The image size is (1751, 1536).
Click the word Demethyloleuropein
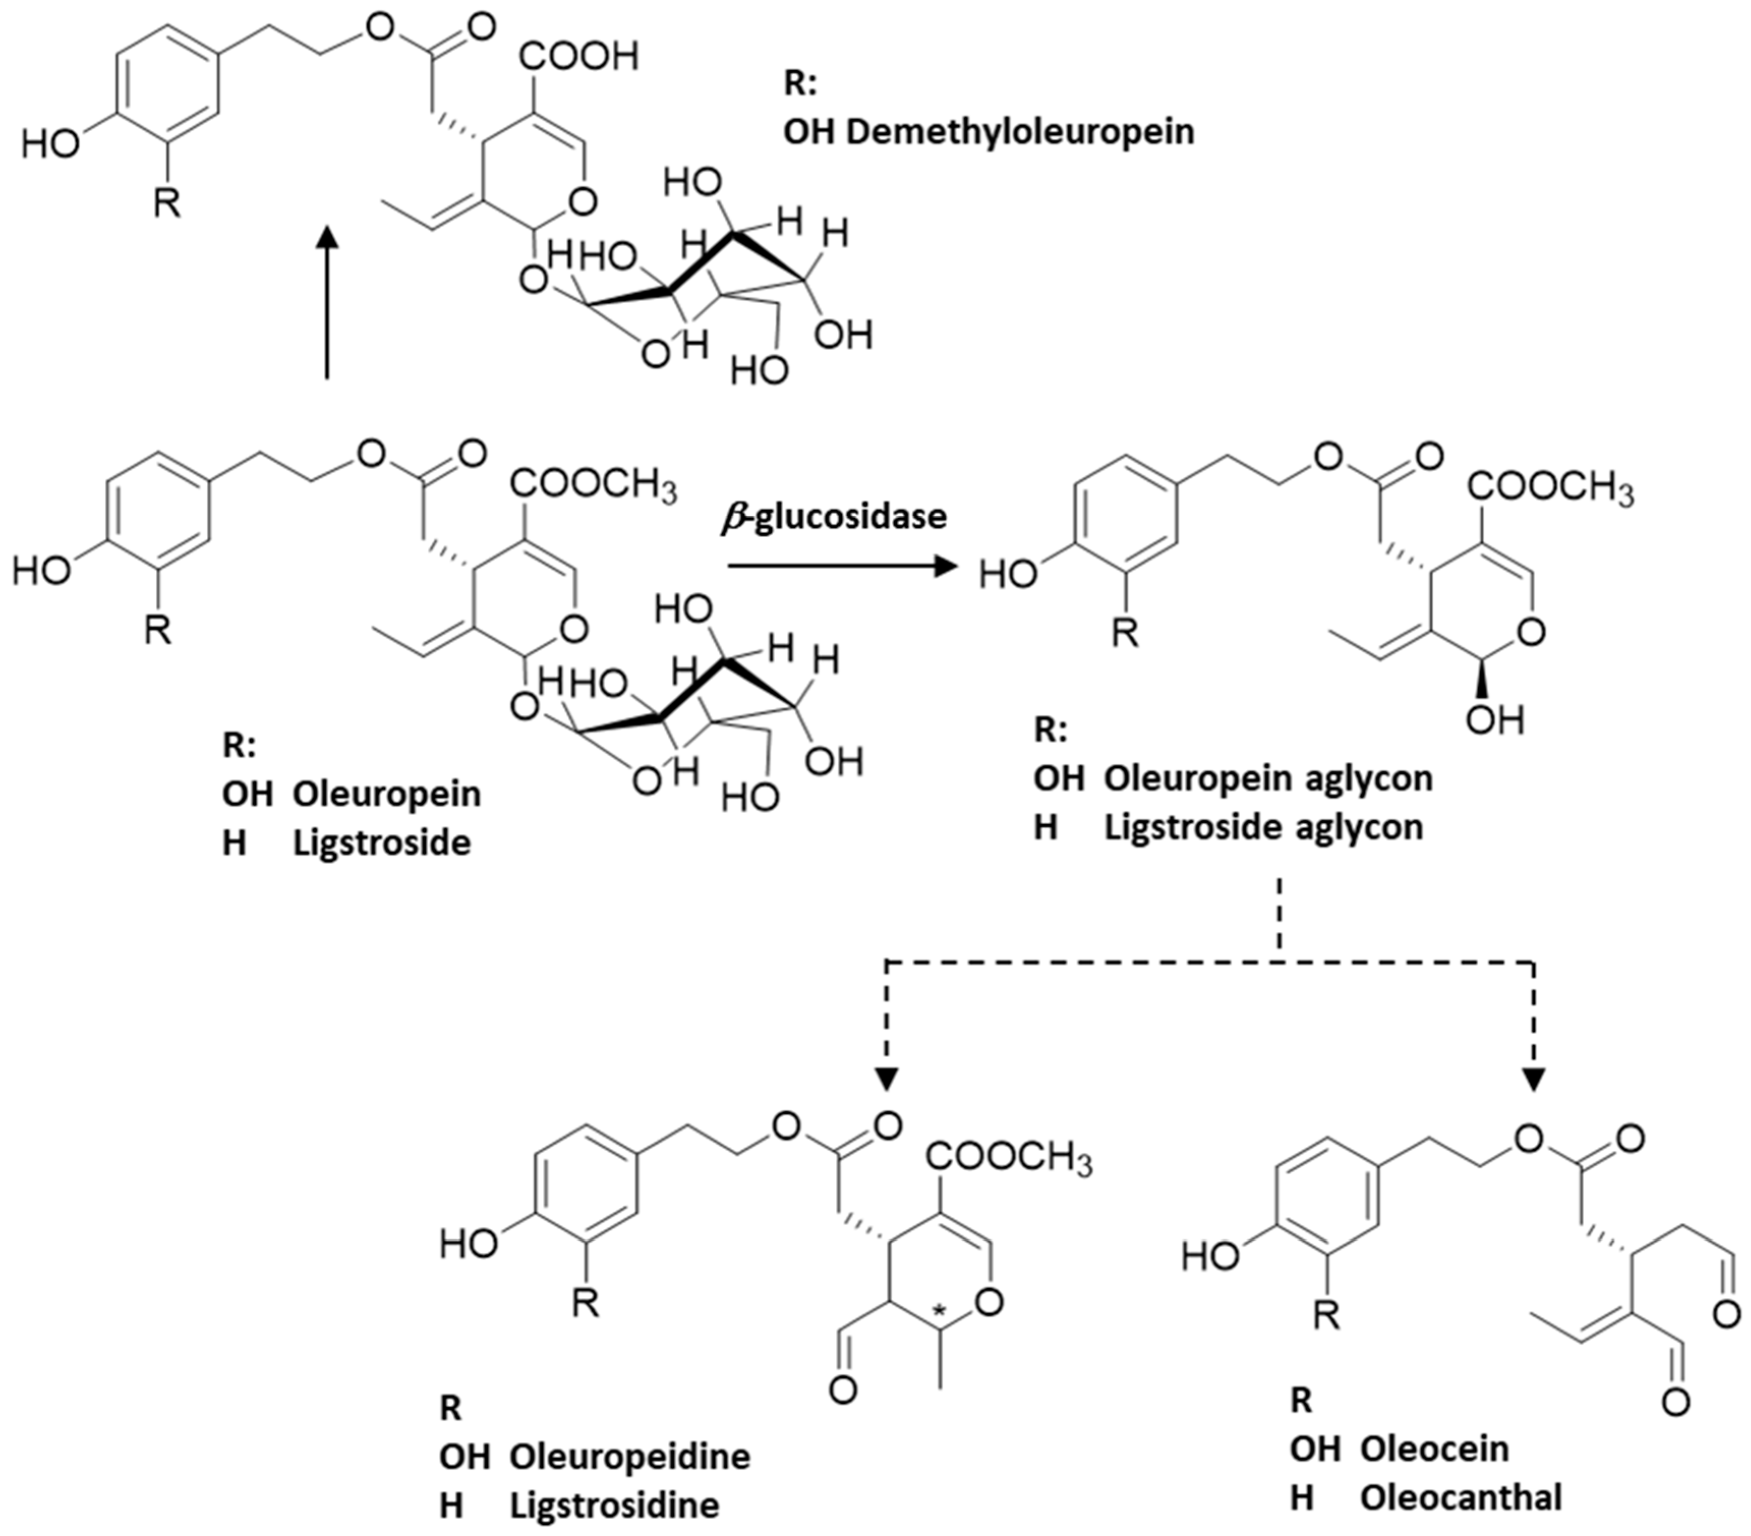tap(1019, 132)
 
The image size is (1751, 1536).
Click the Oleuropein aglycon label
tap(1268, 779)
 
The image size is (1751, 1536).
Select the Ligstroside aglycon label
tap(1264, 828)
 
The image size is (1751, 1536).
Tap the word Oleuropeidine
tap(630, 1456)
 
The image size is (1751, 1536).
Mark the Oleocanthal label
tap(1461, 1497)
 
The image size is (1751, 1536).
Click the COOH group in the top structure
tap(579, 56)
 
